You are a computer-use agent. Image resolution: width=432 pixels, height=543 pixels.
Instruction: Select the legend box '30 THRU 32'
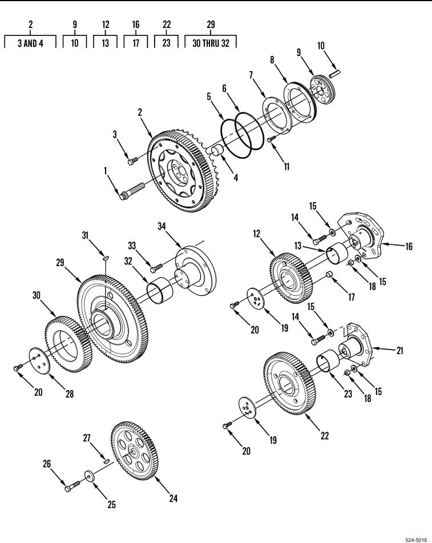coord(210,43)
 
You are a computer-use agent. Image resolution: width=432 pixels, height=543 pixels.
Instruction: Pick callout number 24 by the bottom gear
coord(173,498)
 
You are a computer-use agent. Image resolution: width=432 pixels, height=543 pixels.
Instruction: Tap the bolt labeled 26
coord(70,487)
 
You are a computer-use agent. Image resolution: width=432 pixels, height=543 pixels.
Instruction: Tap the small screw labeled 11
coord(271,139)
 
